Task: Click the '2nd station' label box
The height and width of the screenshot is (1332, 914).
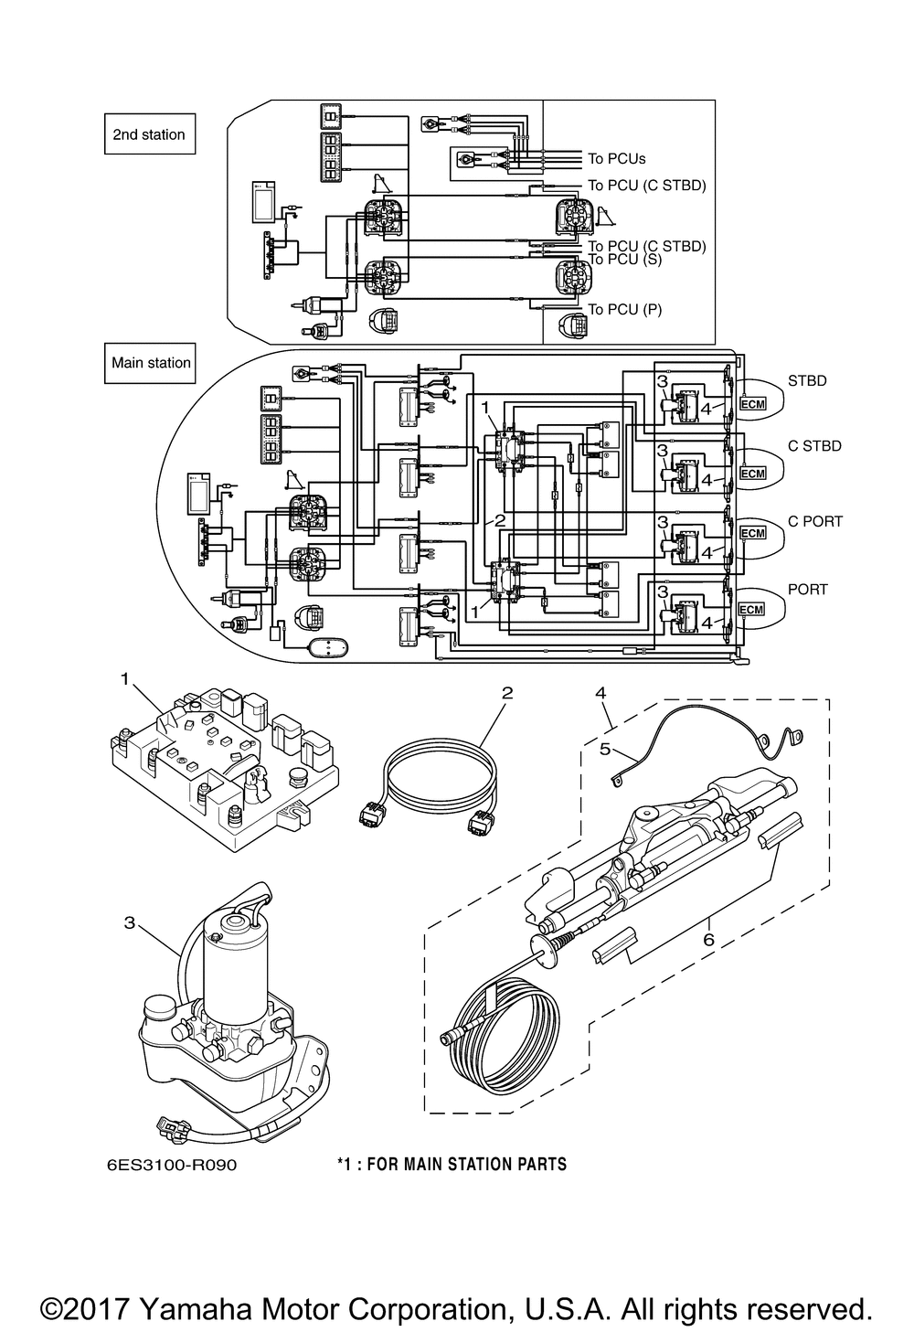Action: (149, 134)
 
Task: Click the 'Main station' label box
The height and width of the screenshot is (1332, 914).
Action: (151, 363)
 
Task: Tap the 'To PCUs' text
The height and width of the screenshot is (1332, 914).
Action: (616, 159)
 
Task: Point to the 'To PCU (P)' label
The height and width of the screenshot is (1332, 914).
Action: (624, 310)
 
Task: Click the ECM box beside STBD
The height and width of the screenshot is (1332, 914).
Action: (751, 403)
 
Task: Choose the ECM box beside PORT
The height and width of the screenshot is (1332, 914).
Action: (751, 610)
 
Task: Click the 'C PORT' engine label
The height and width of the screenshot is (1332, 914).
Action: (814, 521)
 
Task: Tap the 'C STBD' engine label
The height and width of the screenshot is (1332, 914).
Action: (814, 446)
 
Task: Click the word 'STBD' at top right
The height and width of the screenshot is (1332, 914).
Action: (807, 380)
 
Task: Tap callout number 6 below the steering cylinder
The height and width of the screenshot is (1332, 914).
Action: (708, 939)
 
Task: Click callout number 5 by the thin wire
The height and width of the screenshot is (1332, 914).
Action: (604, 748)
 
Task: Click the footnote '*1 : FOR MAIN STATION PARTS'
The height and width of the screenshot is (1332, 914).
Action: (452, 1165)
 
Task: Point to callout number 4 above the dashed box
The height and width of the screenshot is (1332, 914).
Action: (600, 693)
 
